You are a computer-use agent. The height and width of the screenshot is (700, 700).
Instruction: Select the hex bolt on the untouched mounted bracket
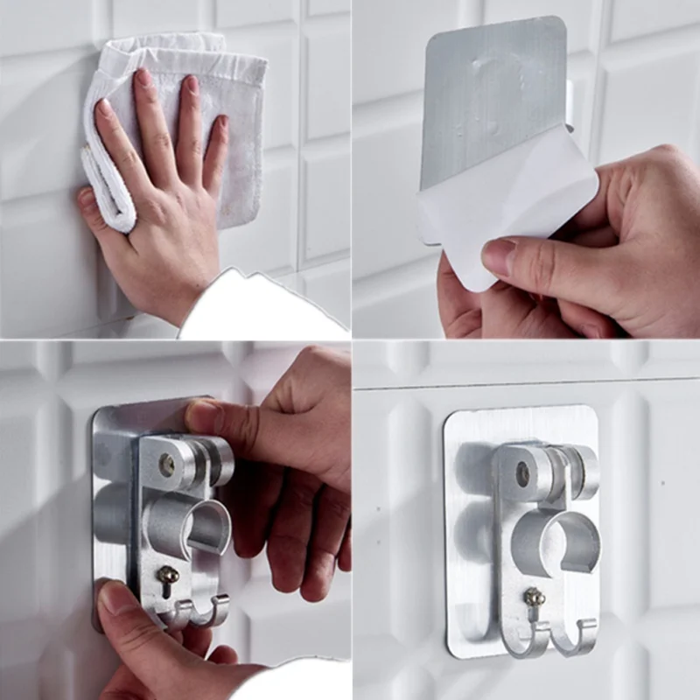point(523,473)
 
